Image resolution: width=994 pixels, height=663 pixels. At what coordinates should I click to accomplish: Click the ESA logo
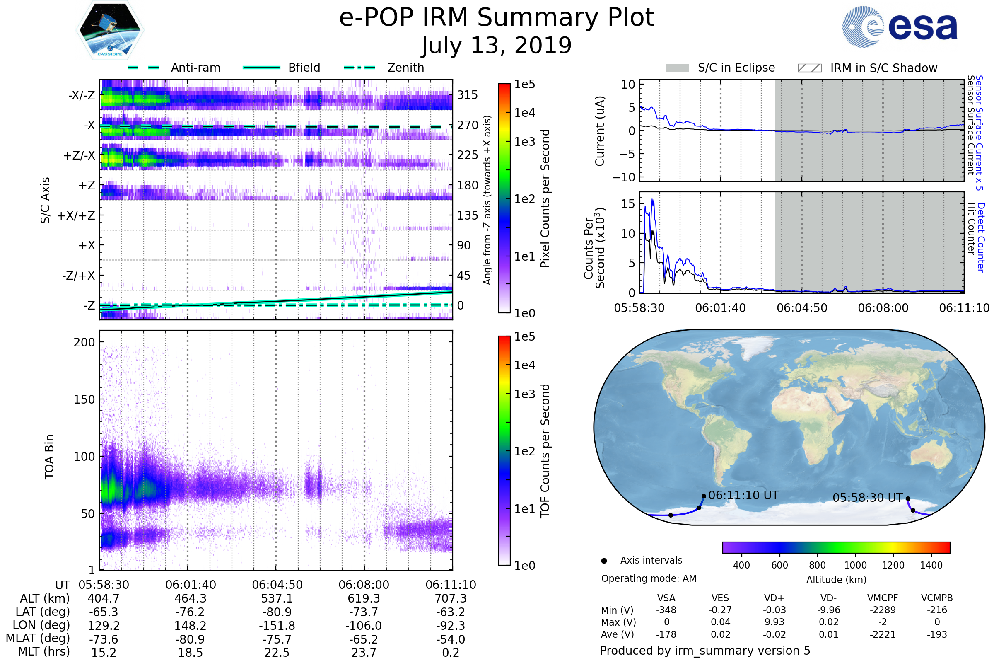click(900, 27)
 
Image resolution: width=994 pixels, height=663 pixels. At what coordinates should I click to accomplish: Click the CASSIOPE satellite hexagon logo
click(110, 30)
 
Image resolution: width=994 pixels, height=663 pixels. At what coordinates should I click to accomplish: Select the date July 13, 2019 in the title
click(497, 46)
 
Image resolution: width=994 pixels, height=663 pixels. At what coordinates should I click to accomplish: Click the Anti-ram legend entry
click(195, 68)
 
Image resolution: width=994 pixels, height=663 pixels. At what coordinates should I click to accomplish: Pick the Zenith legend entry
click(405, 68)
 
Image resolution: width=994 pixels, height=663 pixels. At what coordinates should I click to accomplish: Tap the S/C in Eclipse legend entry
click(736, 68)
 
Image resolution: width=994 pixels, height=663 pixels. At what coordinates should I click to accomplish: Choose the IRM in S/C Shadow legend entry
click(883, 68)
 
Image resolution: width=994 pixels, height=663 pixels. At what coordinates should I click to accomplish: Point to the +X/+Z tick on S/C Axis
click(76, 215)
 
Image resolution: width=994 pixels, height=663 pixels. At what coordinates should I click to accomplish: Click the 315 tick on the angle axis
click(468, 95)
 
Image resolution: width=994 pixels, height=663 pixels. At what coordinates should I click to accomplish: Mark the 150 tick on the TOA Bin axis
click(84, 399)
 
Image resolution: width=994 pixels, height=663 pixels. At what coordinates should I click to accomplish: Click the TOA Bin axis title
click(49, 457)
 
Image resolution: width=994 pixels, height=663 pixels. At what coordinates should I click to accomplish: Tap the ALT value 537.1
click(277, 598)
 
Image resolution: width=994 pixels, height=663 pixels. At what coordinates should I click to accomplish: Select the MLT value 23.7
click(364, 652)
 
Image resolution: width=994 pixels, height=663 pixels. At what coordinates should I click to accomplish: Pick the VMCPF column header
click(883, 598)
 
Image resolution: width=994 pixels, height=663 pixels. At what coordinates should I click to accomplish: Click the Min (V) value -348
click(666, 610)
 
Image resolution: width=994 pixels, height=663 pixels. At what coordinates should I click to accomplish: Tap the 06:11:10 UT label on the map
click(743, 495)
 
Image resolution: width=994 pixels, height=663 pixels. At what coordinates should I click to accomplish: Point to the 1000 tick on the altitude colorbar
click(855, 565)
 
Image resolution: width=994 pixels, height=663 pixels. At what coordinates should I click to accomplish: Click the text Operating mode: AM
click(649, 578)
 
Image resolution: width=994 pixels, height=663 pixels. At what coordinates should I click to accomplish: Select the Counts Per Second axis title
click(594, 248)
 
